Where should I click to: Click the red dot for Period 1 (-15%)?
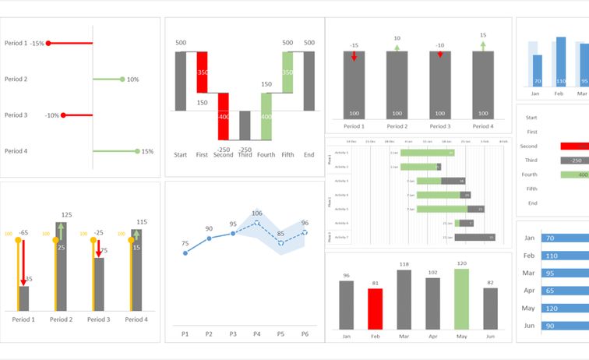point(48,44)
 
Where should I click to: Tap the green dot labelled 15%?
point(137,151)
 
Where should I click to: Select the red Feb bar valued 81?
point(375,309)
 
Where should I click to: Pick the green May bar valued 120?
point(461,299)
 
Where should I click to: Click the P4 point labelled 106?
point(256,223)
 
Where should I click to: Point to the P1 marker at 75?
point(185,252)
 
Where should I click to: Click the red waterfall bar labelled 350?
point(202,72)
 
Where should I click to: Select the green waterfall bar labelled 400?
point(266,116)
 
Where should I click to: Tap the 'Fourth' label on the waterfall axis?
point(266,155)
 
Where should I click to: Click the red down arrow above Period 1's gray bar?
point(354,56)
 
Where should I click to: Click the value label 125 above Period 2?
point(66,214)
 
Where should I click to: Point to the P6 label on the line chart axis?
point(304,334)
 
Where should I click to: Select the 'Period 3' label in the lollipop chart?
point(16,115)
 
